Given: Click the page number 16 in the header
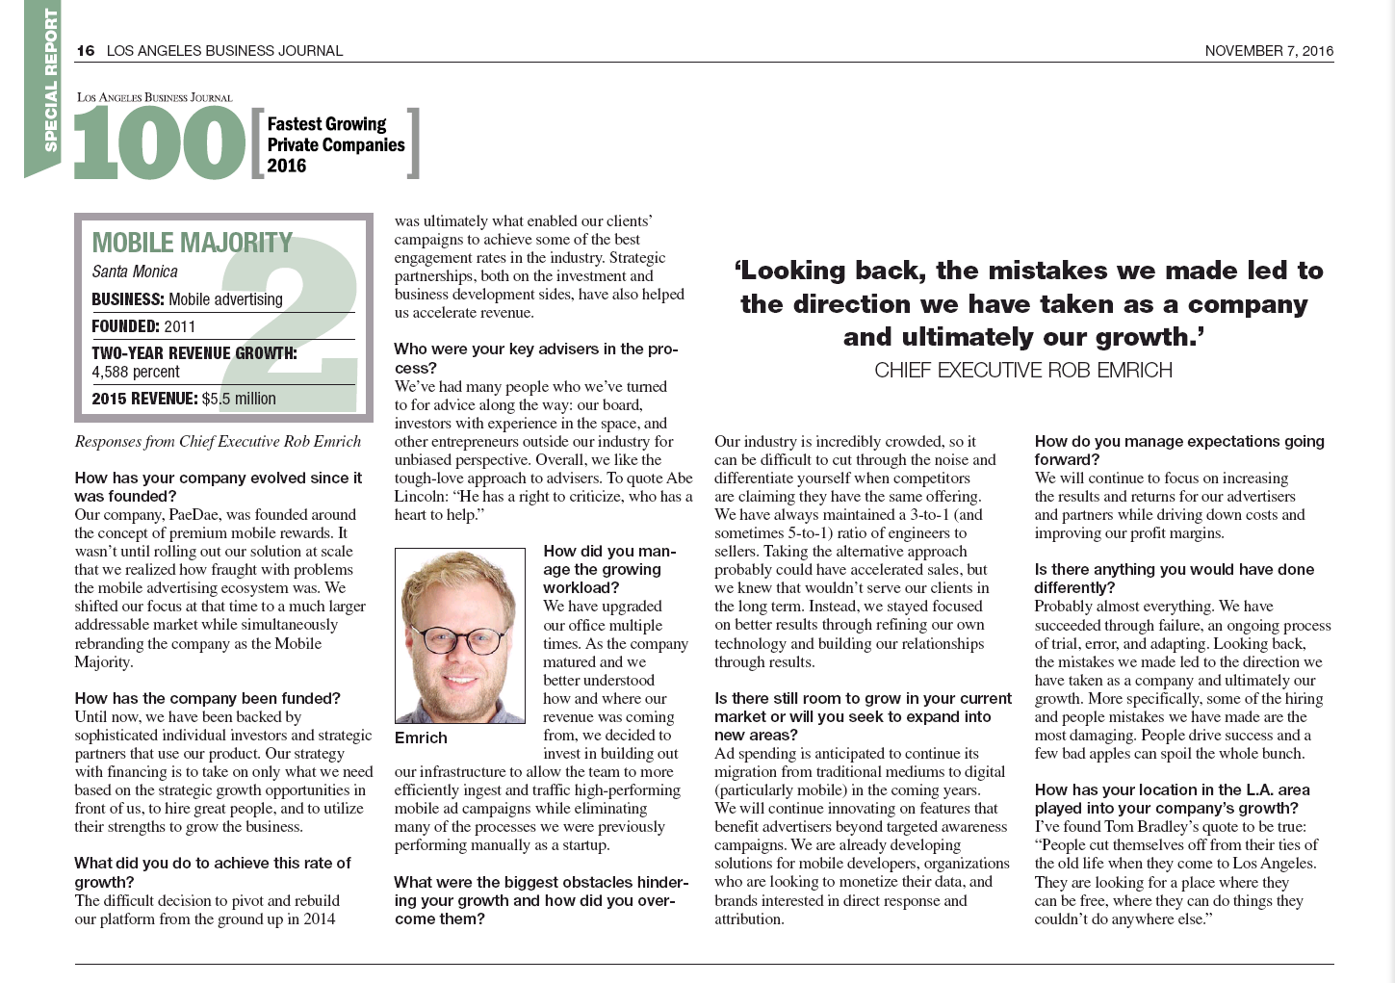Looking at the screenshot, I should [x=86, y=51].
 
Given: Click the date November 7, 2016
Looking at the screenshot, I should [x=1269, y=51].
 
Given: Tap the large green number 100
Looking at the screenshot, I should [x=160, y=142].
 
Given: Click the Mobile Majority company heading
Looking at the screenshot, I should [x=192, y=243].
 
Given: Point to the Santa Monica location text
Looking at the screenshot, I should [x=135, y=272].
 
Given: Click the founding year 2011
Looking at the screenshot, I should [x=180, y=326].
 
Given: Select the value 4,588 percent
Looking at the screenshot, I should [x=136, y=372].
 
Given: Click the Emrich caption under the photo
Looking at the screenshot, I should [x=421, y=737].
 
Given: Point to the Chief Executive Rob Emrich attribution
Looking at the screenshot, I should [x=1022, y=371].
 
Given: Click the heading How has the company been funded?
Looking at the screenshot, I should [x=207, y=698].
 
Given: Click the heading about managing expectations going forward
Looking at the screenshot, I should [x=1178, y=451].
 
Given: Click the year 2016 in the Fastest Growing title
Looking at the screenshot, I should [x=286, y=166].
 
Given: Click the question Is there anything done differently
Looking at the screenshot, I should [x=1174, y=578].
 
